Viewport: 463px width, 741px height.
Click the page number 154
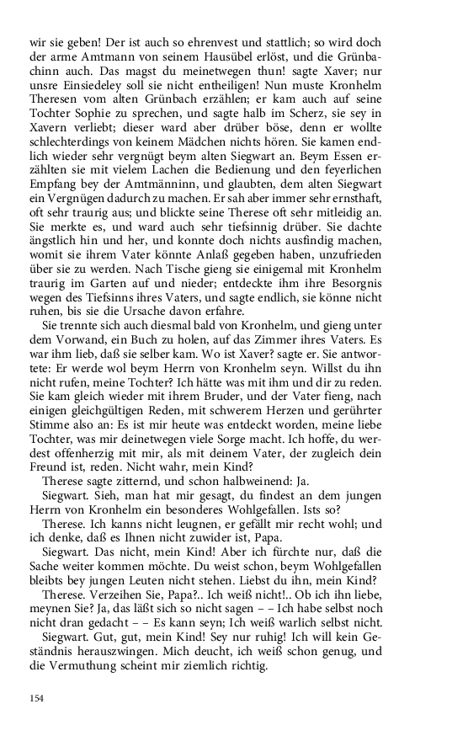click(x=36, y=698)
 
